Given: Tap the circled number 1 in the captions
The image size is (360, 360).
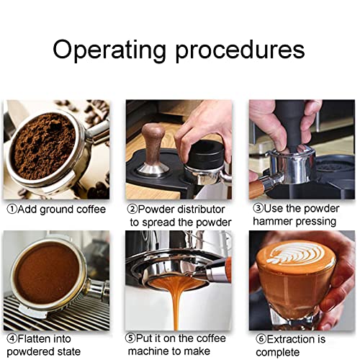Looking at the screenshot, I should coord(13,210).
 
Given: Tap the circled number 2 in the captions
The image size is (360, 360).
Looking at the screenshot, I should coord(132,210).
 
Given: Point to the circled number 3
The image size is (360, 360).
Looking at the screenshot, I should coord(257,209).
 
